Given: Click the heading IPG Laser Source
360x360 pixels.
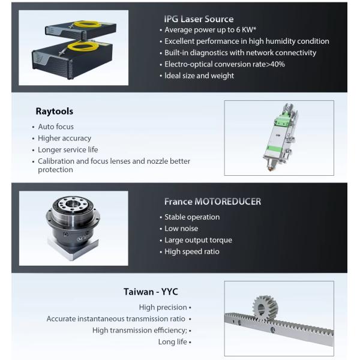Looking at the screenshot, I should click(199, 19).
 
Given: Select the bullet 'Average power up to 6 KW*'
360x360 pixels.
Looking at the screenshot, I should click(204, 30).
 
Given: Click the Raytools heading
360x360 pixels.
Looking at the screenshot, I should click(54, 112).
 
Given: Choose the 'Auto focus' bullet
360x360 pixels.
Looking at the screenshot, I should click(56, 127).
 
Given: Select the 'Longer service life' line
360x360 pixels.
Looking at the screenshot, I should click(68, 149).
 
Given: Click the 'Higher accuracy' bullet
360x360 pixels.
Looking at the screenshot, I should click(64, 138).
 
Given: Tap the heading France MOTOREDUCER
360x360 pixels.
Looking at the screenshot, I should click(212, 202).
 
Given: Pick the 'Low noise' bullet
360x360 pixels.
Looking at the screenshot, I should click(181, 229).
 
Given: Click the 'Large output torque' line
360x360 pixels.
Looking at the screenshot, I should click(198, 240).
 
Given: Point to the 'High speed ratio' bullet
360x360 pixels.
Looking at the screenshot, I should click(192, 251).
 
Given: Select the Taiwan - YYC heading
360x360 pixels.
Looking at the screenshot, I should click(151, 292).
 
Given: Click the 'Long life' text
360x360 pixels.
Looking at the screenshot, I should click(172, 342).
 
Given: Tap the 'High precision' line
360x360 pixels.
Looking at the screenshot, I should click(163, 307).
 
